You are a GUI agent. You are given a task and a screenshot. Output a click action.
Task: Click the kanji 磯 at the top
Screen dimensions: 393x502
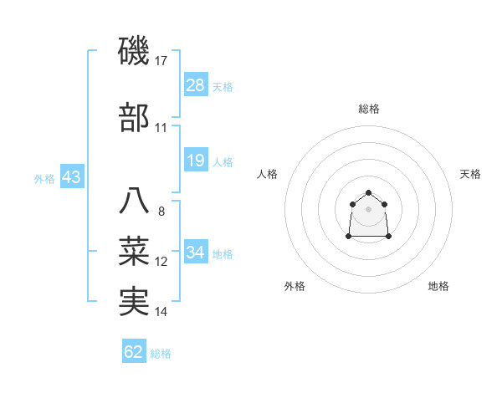134,52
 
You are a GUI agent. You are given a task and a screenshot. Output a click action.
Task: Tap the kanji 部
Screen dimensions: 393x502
134,118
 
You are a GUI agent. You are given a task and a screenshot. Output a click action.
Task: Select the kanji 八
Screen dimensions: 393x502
134,202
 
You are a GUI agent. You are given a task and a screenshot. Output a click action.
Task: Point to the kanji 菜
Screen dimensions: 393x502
134,252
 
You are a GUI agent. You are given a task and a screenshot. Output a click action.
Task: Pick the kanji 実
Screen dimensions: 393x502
134,301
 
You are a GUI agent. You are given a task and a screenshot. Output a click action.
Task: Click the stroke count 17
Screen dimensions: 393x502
161,61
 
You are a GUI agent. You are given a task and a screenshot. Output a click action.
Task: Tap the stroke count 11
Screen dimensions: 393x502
161,128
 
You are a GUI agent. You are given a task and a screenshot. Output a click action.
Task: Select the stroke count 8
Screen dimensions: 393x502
161,212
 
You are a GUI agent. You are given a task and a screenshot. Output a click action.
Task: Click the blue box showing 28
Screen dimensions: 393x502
196,85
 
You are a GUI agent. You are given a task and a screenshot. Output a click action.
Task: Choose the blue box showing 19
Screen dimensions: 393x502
196,161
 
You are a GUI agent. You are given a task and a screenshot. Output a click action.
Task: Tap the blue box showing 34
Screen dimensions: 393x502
196,253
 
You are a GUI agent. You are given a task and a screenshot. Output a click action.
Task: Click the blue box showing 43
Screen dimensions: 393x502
71,178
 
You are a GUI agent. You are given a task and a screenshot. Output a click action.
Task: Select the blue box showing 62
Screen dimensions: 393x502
134,352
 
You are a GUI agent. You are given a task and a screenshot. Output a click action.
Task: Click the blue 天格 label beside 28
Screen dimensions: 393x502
223,86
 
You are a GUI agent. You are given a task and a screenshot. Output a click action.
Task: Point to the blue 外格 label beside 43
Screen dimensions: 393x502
44,179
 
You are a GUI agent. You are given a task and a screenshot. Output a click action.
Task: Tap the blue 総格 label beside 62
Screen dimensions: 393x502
161,354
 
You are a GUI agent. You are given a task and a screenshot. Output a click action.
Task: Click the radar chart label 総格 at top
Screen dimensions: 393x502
368,109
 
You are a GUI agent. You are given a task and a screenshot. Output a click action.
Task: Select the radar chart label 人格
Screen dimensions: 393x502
268,174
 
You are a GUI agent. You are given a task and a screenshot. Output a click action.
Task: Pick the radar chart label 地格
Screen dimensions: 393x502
438,286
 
